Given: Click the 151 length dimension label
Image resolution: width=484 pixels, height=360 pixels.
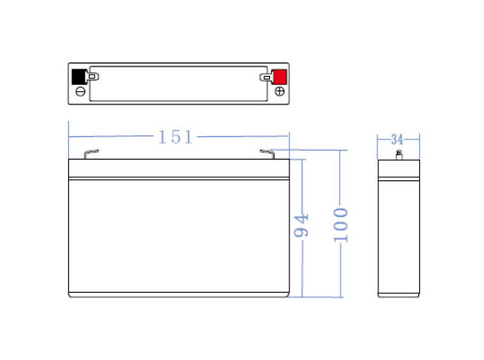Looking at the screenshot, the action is pos(175,137).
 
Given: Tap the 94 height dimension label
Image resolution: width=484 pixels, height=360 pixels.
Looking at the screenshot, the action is pos(301,225).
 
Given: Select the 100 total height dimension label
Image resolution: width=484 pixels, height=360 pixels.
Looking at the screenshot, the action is pos(341,224).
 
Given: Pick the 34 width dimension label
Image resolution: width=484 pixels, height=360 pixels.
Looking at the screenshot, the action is pos(397,140).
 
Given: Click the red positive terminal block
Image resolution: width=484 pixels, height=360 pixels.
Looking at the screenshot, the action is pos(279,76).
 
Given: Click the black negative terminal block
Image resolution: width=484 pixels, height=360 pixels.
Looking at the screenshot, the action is pos(79,77).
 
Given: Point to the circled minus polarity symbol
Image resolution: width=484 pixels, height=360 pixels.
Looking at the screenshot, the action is pos(80,91).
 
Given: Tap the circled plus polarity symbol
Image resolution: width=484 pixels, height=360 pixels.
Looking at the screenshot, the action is pos(280,91).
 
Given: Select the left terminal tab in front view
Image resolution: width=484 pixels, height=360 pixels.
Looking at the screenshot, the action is pos(91,154).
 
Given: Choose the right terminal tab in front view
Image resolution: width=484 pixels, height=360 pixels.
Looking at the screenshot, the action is pos(268,154).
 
